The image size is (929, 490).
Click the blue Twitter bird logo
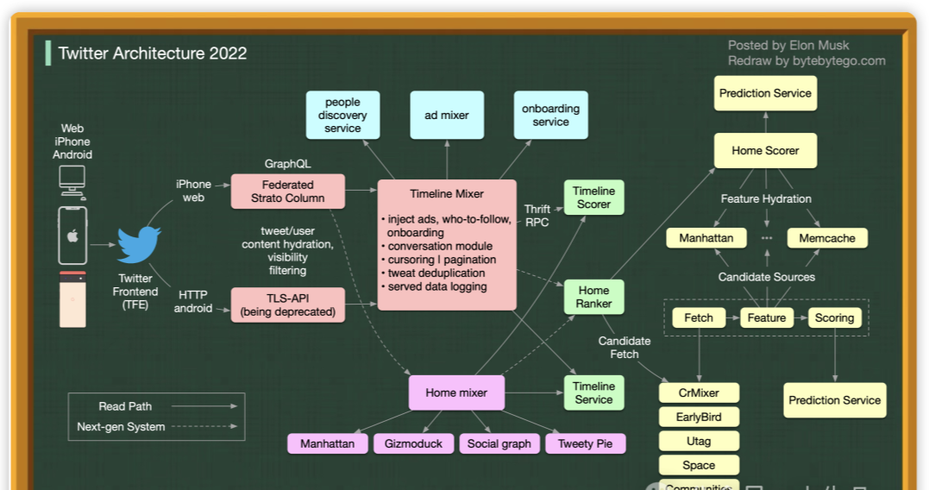tap(139, 245)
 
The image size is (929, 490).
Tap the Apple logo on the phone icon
tap(72, 236)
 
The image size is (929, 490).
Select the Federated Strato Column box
tap(287, 192)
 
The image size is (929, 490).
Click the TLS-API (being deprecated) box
tap(287, 305)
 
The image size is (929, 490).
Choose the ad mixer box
tap(447, 116)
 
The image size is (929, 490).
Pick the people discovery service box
tap(342, 116)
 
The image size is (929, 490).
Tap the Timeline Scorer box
tap(593, 198)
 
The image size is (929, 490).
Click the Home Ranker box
tap(593, 297)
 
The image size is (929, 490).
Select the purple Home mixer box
tap(456, 393)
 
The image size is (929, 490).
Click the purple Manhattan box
tap(327, 443)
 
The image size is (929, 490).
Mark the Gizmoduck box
tap(413, 443)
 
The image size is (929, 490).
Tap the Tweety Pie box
tap(585, 443)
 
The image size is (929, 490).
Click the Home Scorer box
tap(765, 150)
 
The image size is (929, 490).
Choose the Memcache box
tap(827, 238)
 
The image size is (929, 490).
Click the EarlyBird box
tap(699, 417)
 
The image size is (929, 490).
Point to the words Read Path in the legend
tap(125, 406)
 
